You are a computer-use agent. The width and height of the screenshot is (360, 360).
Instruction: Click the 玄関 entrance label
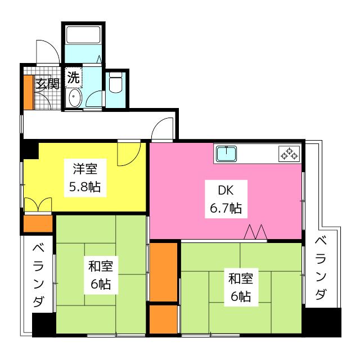pos(48,84)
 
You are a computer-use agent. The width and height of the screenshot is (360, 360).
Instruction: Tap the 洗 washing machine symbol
pos(74,78)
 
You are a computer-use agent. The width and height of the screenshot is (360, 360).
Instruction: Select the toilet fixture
pos(116,85)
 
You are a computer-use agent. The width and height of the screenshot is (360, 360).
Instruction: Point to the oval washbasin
pos(74,99)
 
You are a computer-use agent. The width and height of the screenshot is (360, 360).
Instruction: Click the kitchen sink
pos(226,154)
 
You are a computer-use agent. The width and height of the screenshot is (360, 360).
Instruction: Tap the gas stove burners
pos(290,153)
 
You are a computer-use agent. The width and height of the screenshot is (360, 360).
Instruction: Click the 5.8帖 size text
pos(86,187)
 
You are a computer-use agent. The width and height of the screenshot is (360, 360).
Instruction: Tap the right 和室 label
pos(240,278)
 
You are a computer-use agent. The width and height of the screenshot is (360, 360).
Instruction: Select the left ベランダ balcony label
pos(38,276)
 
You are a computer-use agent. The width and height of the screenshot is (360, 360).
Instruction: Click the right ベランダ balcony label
pos(321,269)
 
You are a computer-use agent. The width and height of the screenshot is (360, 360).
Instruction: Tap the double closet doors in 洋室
pos(38,205)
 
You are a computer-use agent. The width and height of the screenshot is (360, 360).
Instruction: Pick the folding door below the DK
pos(256,232)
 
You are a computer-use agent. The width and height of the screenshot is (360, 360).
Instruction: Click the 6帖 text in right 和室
pos(240,296)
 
